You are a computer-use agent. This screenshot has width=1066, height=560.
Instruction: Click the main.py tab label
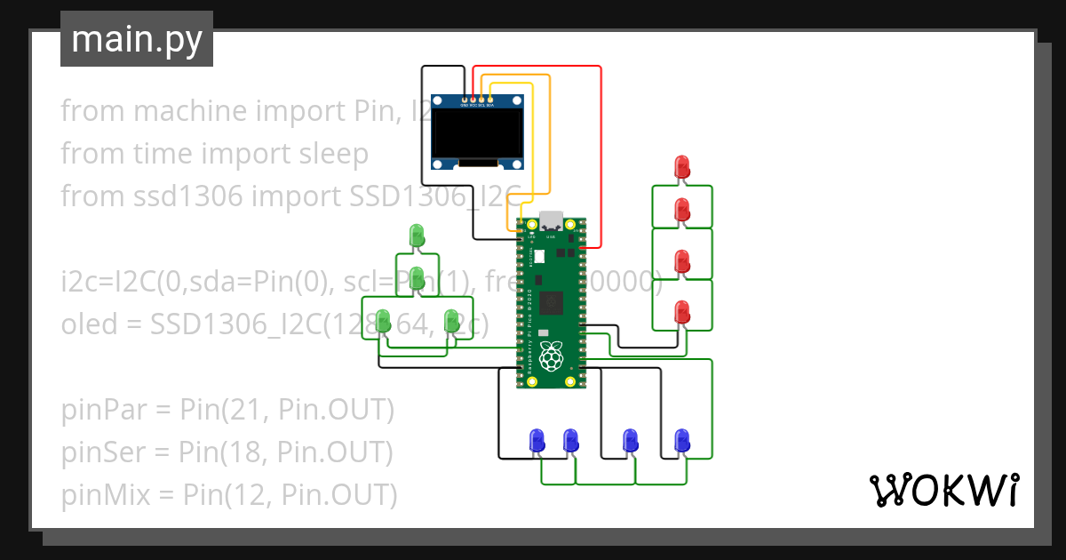(x=137, y=39)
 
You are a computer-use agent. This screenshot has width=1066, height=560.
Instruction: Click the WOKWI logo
(x=943, y=490)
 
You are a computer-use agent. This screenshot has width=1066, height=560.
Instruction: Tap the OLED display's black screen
(x=476, y=132)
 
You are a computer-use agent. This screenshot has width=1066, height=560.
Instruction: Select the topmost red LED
(x=682, y=165)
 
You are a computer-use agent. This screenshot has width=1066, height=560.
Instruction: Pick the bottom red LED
(x=682, y=312)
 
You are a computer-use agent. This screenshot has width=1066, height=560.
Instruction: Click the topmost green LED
(x=417, y=236)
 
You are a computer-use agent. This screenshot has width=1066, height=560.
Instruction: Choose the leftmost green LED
(x=384, y=321)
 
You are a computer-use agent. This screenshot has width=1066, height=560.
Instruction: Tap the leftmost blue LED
(x=537, y=439)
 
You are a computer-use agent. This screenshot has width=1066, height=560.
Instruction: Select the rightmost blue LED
(x=682, y=439)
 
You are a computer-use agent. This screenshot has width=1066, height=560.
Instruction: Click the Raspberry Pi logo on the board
(x=553, y=356)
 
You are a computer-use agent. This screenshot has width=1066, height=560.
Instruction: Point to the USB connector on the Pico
(x=552, y=220)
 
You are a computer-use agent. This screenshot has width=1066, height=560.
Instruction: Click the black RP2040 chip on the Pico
(x=553, y=302)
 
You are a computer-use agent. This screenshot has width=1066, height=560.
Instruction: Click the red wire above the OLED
(x=537, y=66)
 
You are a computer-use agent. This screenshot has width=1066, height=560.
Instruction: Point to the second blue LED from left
(x=571, y=439)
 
